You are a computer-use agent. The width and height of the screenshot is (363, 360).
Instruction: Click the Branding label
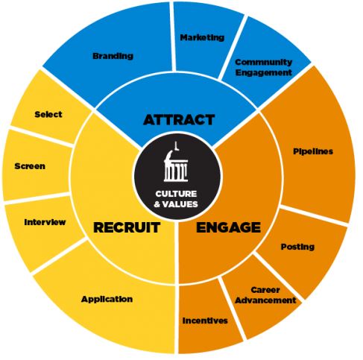pyautogui.click(x=113, y=56)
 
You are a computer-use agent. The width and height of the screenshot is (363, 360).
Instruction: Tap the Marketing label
pyautogui.click(x=202, y=37)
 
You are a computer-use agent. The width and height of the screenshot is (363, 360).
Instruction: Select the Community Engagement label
pyautogui.click(x=263, y=67)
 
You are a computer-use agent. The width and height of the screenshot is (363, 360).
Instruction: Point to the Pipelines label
pyautogui.click(x=313, y=151)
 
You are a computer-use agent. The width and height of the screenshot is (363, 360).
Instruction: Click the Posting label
pyautogui.click(x=297, y=247)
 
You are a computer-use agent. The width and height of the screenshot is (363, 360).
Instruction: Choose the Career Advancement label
pyautogui.click(x=265, y=295)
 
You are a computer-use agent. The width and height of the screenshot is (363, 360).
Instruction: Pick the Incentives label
pyautogui.click(x=205, y=320)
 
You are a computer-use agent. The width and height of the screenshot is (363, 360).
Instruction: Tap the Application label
pyautogui.click(x=107, y=299)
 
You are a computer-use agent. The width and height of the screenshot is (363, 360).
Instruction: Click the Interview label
pyautogui.click(x=45, y=222)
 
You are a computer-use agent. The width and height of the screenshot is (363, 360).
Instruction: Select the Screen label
pyautogui.click(x=30, y=166)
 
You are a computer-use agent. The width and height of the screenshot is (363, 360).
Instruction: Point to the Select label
pyautogui.click(x=48, y=114)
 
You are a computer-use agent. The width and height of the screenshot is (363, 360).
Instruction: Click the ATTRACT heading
pyautogui.click(x=179, y=120)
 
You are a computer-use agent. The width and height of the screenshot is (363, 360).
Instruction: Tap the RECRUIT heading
pyautogui.click(x=127, y=227)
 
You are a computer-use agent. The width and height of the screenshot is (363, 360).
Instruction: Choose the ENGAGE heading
pyautogui.click(x=228, y=227)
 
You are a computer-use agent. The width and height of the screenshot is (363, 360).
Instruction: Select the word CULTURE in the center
pyautogui.click(x=176, y=194)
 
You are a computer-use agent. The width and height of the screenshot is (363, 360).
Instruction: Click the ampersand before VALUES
pyautogui.click(x=157, y=204)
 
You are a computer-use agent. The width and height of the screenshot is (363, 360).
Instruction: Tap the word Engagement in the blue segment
pyautogui.click(x=263, y=72)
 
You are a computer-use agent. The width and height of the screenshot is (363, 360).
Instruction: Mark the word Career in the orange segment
pyautogui.click(x=265, y=290)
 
